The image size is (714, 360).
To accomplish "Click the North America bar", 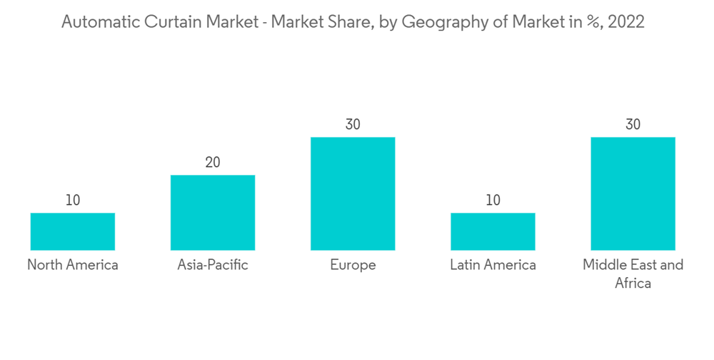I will tap(73, 231).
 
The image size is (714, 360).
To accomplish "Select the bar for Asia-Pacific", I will tap(213, 213).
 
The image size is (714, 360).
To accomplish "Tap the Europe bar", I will tap(353, 194).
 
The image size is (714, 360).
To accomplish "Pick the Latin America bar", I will tap(493, 231).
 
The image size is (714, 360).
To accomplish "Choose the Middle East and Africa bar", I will tap(633, 194).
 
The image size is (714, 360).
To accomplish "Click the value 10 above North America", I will tap(73, 201).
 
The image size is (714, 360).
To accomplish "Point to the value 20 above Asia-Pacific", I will tap(213, 163).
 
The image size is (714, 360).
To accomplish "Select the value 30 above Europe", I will tap(353, 125).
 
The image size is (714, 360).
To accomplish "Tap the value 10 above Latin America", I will tap(493, 201).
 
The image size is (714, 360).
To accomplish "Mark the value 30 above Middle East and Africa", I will tap(633, 125).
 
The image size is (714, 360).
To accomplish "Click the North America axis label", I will tap(73, 265).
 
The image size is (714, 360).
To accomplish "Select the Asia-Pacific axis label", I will tap(213, 265).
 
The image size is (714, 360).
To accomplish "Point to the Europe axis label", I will tap(353, 265).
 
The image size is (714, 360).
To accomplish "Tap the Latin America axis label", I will tap(493, 265).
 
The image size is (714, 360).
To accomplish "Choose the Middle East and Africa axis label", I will tap(633, 274).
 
